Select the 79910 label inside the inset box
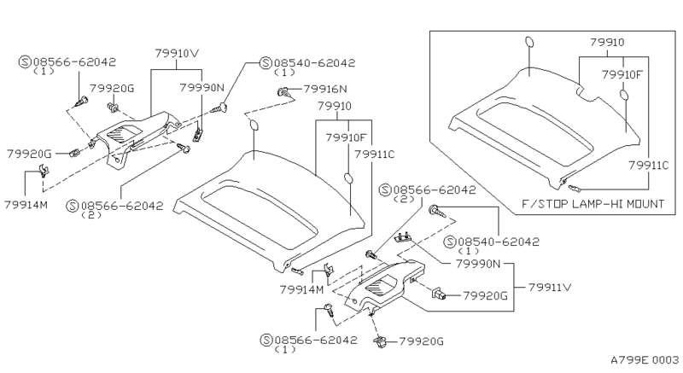[x=607, y=41]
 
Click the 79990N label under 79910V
[x=201, y=87]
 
